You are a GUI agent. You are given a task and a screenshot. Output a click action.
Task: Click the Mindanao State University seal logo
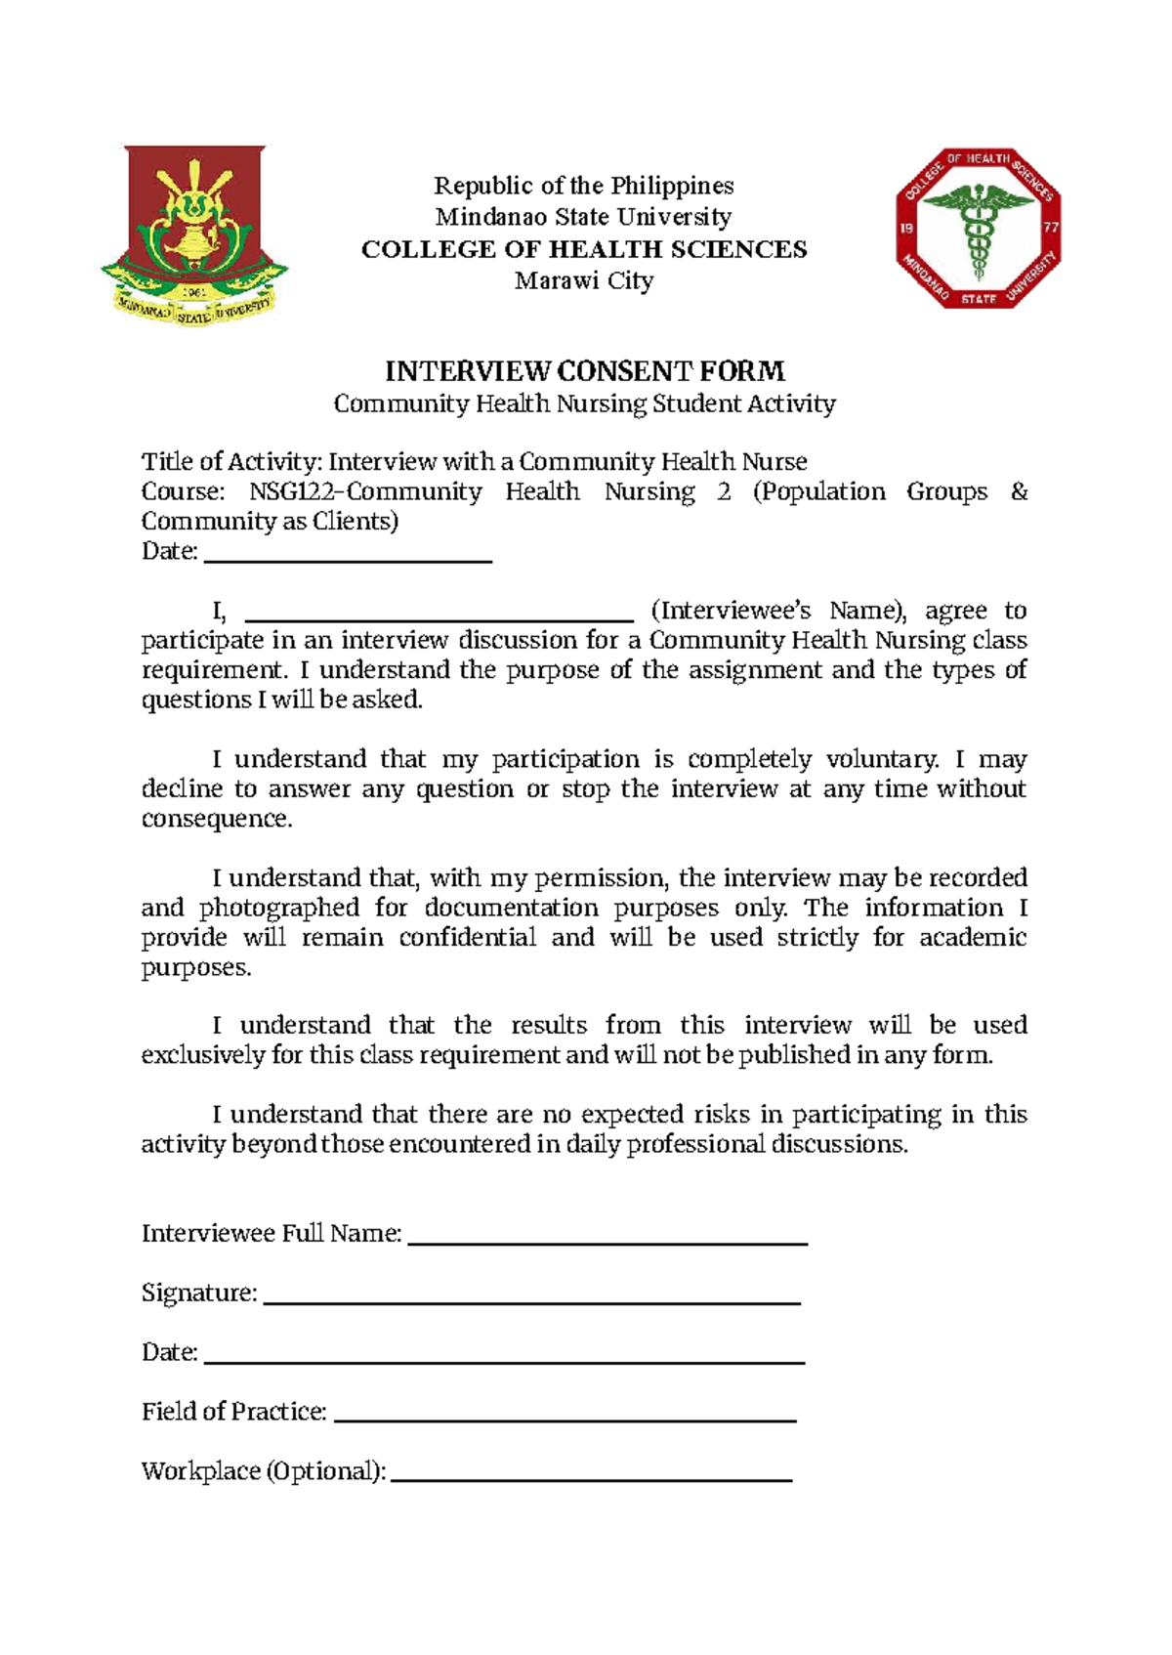click(193, 235)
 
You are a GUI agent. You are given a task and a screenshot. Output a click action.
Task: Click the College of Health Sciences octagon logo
click(979, 229)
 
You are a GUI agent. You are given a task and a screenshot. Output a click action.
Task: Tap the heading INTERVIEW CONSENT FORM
click(584, 371)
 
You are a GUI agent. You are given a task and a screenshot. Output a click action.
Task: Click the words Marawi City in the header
click(584, 281)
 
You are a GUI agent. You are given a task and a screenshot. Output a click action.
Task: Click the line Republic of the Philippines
click(584, 186)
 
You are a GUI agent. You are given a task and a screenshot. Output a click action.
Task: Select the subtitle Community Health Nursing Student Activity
click(584, 403)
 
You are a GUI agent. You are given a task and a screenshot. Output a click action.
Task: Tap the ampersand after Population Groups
click(1019, 491)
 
